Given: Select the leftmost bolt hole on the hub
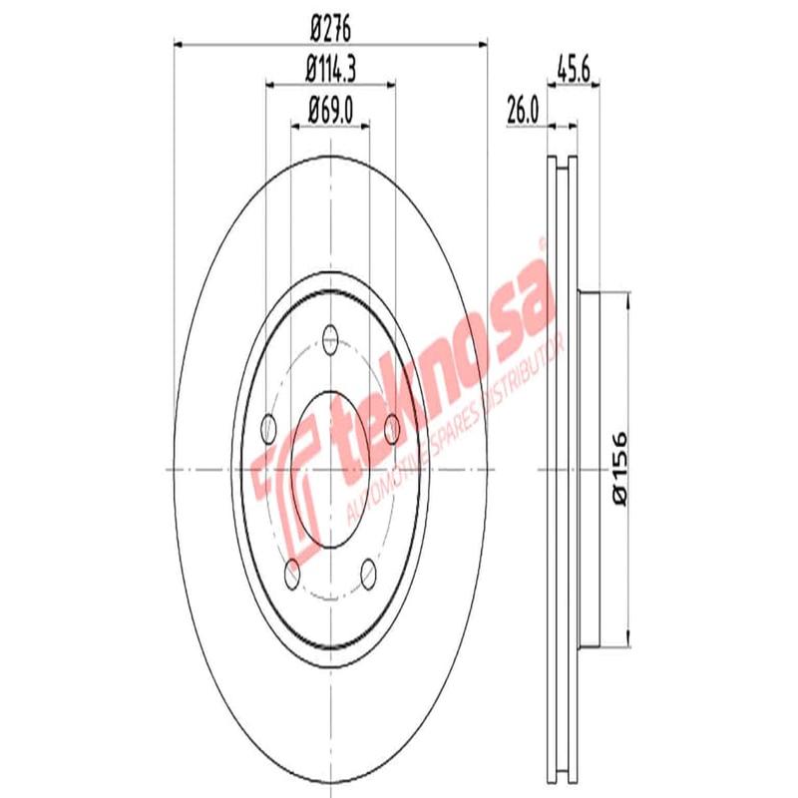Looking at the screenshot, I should (x=266, y=429).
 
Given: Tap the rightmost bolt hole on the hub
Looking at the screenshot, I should (x=392, y=429).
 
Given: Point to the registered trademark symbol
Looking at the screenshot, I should (x=543, y=242).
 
